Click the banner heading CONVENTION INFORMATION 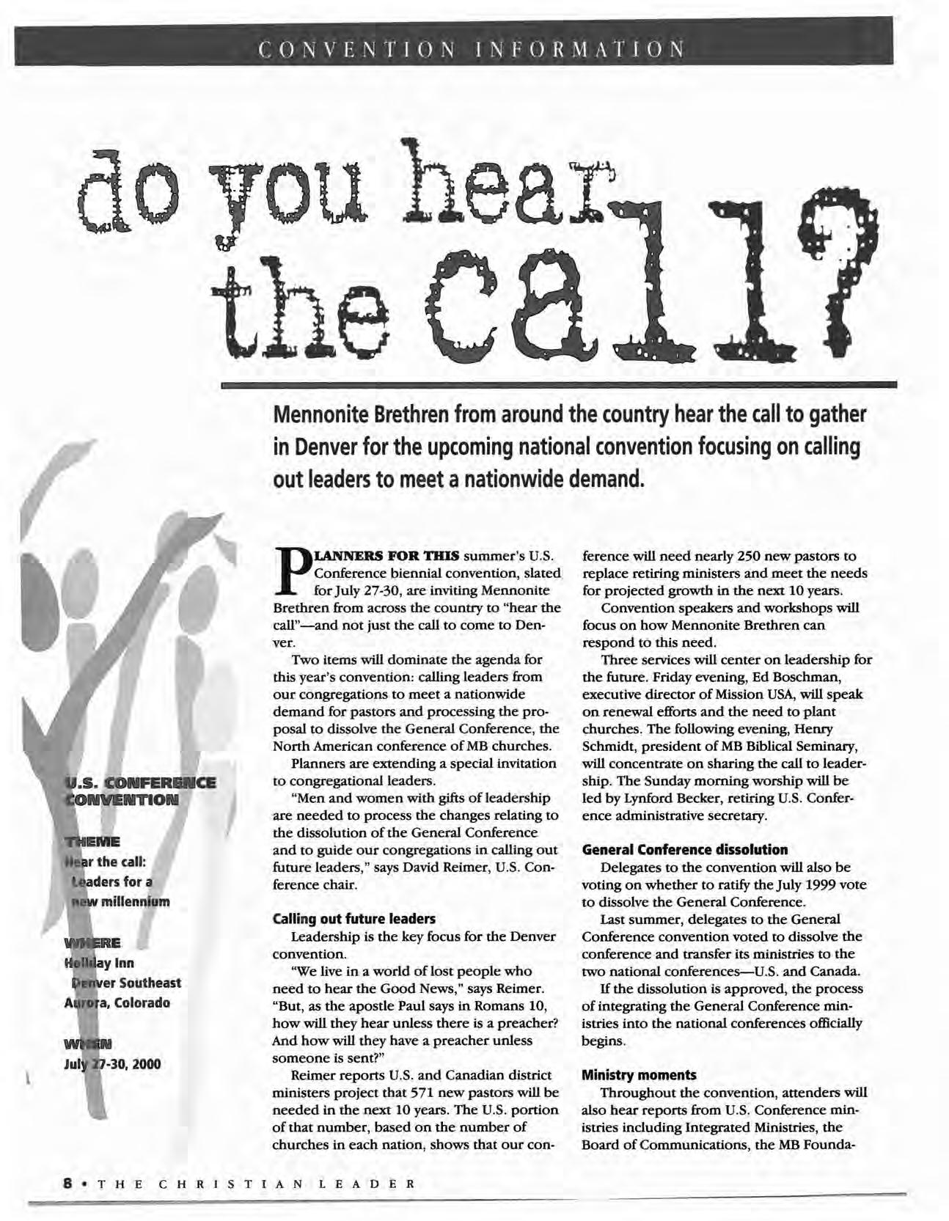pos(472,50)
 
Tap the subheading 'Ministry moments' pos(638,1074)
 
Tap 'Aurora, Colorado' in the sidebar pos(117,1002)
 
